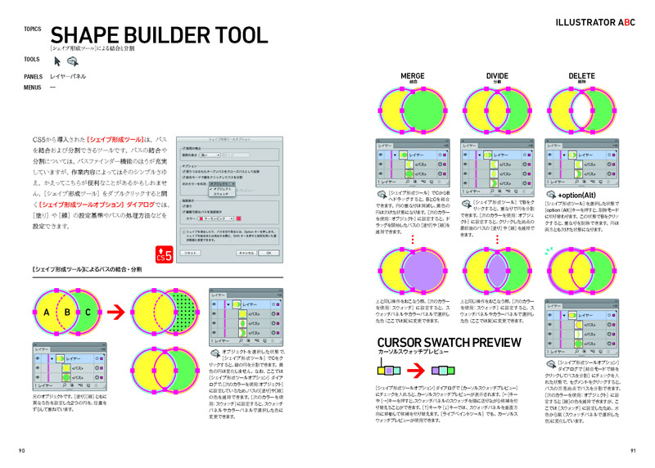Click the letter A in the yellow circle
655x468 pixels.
pos(47,310)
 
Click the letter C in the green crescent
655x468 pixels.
pos(88,310)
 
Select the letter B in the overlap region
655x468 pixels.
pos(66,310)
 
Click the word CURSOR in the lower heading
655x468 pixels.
pos(405,342)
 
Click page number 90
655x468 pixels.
pos(22,451)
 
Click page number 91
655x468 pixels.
pos(633,451)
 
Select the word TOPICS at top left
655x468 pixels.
pos(33,29)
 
